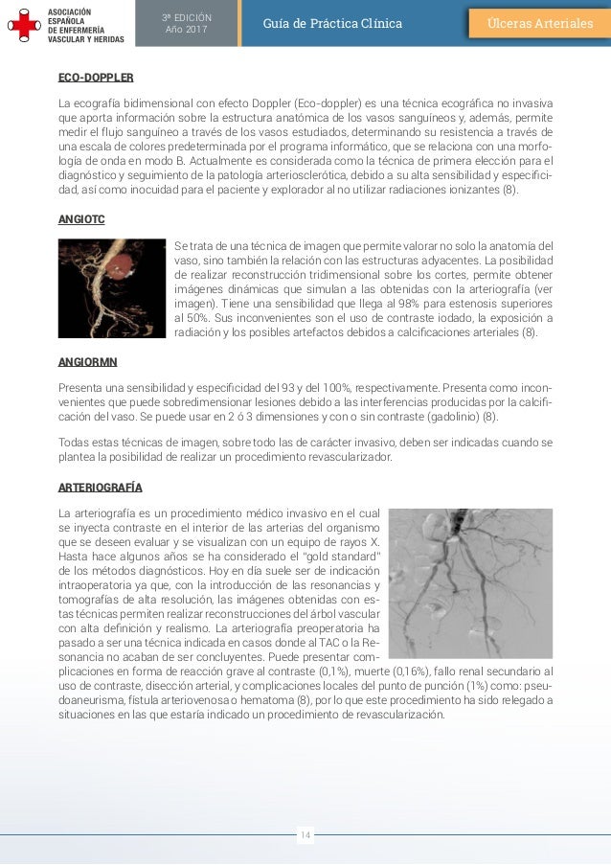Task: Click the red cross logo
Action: pos(21,23)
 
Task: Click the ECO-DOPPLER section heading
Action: pos(96,77)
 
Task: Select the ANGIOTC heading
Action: pos(81,220)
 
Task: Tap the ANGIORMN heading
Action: pos(88,362)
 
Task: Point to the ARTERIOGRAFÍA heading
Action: pos(100,488)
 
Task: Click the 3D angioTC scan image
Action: pos(112,287)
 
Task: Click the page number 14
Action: pos(305,835)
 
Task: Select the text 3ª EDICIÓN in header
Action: pos(187,16)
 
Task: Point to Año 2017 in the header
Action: pos(187,30)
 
